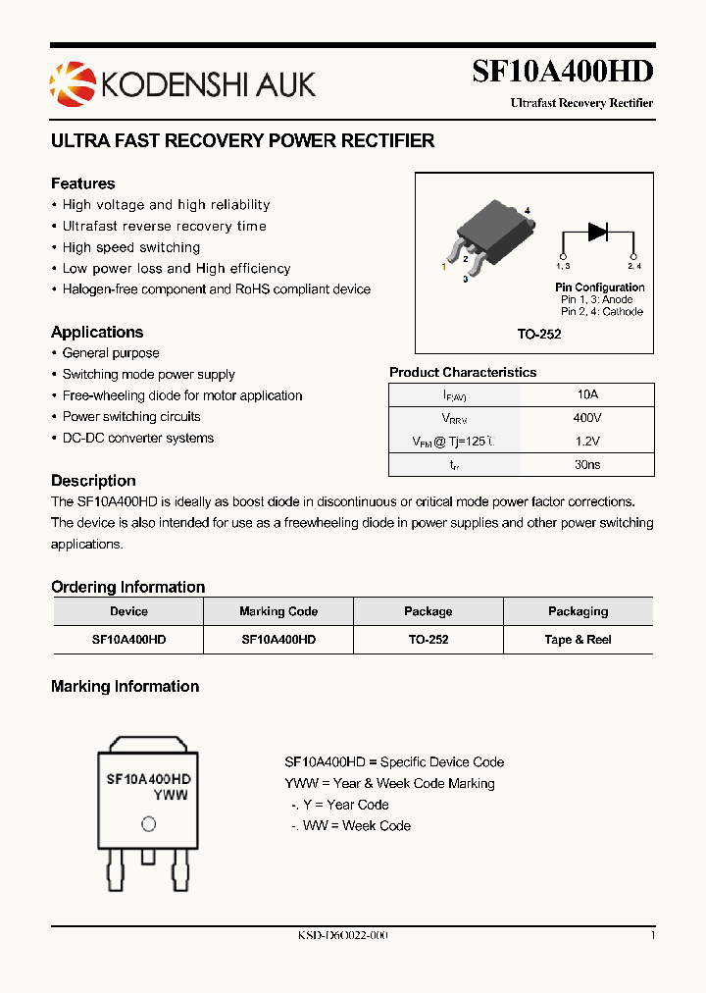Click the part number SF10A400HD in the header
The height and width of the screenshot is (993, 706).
562,71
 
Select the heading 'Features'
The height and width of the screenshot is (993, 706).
82,183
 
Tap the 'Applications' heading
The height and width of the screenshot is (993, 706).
97,332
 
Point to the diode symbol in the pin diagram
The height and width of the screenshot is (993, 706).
598,232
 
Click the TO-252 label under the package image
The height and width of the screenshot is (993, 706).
539,334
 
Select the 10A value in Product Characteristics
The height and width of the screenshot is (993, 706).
587,394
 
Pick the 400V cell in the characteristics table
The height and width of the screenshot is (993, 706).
587,418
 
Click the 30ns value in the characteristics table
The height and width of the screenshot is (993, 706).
587,465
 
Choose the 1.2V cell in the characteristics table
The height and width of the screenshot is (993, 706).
587,442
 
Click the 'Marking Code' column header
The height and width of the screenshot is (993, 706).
278,611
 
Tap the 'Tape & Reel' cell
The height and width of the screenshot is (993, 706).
578,640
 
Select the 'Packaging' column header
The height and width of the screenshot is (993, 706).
578,611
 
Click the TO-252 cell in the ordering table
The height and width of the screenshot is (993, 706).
428,640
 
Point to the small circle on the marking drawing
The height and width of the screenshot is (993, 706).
148,824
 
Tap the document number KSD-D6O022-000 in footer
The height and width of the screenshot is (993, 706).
343,936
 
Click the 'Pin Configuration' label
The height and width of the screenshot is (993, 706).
599,287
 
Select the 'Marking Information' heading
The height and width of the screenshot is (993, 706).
125,687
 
